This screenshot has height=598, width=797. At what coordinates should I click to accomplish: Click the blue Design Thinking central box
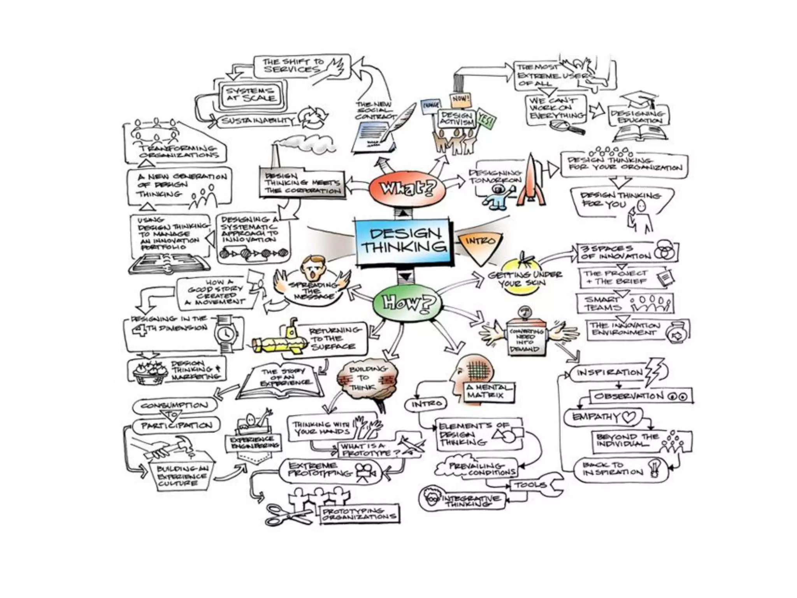(404, 242)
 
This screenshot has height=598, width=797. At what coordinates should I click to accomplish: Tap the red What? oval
(407, 189)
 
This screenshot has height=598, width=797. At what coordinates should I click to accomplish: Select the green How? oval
(407, 303)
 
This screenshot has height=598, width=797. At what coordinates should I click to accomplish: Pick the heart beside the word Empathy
(628, 417)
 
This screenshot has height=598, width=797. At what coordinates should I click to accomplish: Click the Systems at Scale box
(250, 95)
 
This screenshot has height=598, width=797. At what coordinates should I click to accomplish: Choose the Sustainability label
(258, 121)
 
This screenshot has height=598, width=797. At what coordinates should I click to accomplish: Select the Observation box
(640, 396)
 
